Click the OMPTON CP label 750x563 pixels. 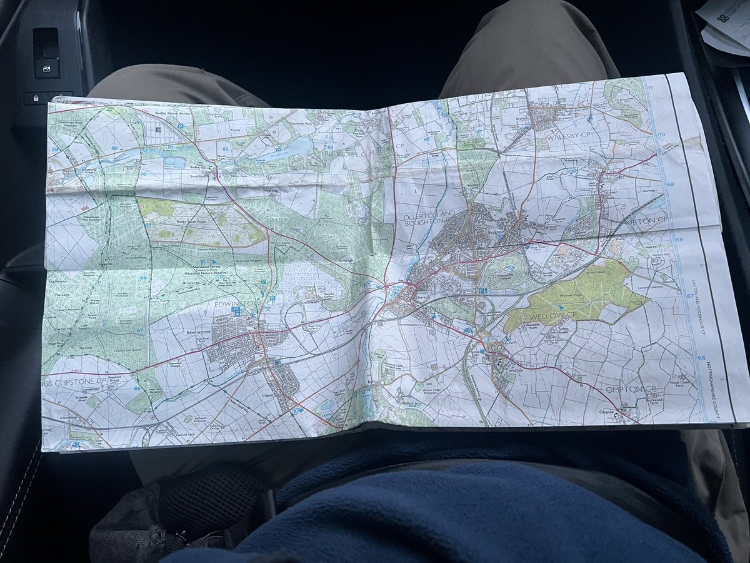tap(629, 390)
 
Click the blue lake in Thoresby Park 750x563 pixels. tap(294, 148)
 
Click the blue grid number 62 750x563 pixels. tap(226, 149)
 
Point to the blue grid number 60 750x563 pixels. tap(114, 148)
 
